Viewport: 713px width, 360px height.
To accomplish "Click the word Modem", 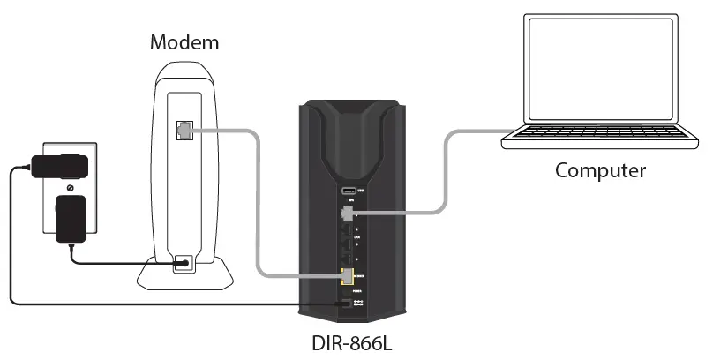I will (x=184, y=42).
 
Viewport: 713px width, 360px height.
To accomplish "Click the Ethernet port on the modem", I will (x=184, y=130).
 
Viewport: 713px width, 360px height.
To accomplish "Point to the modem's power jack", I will (x=184, y=263).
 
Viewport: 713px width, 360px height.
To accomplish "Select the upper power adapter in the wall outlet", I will (x=61, y=165).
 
